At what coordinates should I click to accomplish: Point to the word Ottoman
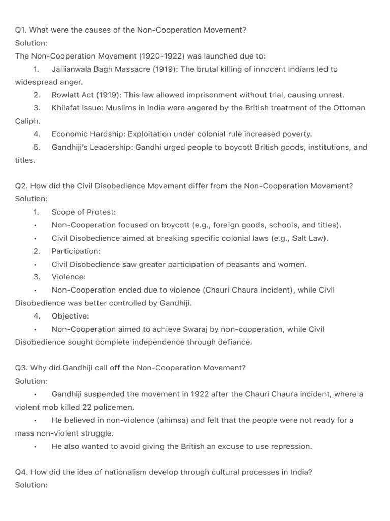[349, 108]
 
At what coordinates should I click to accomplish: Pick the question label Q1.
[21, 30]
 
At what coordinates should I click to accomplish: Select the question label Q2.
[21, 186]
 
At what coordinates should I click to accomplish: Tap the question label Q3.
[21, 368]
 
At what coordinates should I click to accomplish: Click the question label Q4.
[21, 472]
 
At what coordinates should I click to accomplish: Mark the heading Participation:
[76, 251]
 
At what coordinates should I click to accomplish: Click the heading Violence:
[69, 277]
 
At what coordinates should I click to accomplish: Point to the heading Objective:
[70, 316]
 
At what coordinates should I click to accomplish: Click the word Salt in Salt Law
[299, 238]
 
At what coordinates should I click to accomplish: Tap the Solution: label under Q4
[31, 485]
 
